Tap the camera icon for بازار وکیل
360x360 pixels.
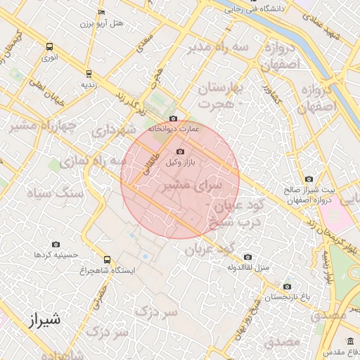point(180,152)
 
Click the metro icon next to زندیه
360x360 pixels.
point(88,73)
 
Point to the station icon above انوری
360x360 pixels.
point(49,46)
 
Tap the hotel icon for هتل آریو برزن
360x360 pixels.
point(102,12)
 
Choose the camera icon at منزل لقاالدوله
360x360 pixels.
point(247,257)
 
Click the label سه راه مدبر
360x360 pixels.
point(218,47)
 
